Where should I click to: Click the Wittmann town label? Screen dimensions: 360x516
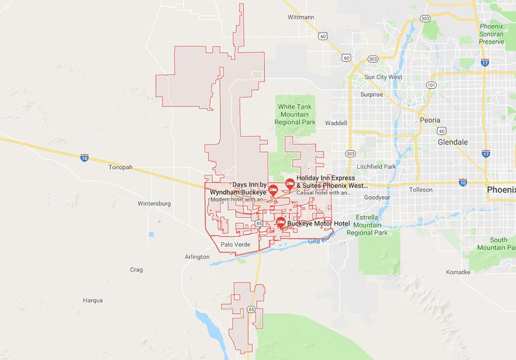(x=301, y=17)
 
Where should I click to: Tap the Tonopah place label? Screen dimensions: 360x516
(x=120, y=167)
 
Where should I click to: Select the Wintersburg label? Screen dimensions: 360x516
(x=154, y=204)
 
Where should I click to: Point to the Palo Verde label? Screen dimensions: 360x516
(x=235, y=244)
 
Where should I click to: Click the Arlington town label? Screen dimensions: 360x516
(x=197, y=257)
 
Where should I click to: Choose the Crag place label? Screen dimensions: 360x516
(x=136, y=270)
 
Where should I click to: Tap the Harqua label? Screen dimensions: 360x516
(x=92, y=300)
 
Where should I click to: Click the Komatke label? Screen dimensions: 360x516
(x=458, y=272)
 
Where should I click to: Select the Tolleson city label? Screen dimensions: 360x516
(x=421, y=190)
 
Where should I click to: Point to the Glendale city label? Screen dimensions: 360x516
(x=452, y=142)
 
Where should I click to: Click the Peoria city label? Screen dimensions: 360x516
(x=430, y=120)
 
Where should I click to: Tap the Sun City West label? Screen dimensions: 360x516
(x=383, y=77)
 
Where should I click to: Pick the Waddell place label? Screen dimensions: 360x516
(x=336, y=123)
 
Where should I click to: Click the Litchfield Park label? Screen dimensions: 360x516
(x=377, y=167)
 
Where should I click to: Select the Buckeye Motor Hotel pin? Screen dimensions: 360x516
(x=280, y=222)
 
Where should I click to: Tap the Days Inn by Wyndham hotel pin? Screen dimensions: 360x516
(x=273, y=190)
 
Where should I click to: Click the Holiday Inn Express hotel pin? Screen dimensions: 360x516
(x=290, y=184)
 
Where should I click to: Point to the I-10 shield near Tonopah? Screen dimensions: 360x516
(x=84, y=157)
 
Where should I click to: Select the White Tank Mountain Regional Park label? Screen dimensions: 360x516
(x=295, y=115)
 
